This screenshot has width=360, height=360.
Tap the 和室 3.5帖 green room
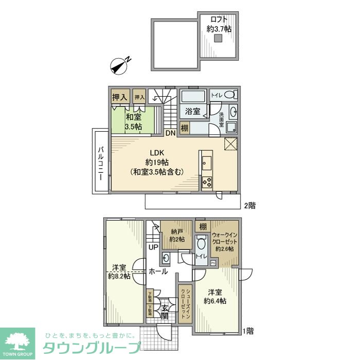[x=134, y=121]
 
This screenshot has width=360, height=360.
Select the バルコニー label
[x=101, y=161]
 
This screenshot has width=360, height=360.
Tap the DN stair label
[x=170, y=133]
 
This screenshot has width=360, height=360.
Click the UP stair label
[x=153, y=247]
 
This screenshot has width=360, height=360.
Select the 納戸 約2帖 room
[x=176, y=235]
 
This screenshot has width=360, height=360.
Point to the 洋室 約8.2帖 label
[x=119, y=272]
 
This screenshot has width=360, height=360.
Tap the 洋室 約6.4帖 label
[x=214, y=297]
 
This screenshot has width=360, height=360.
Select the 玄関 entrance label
[x=164, y=312]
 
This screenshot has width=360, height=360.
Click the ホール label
[x=157, y=271]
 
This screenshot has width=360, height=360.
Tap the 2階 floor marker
[x=249, y=205]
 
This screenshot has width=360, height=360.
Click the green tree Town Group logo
[x=17, y=341]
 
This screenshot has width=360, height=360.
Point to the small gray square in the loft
[x=219, y=39]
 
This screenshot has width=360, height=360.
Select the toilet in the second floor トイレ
[x=231, y=95]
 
